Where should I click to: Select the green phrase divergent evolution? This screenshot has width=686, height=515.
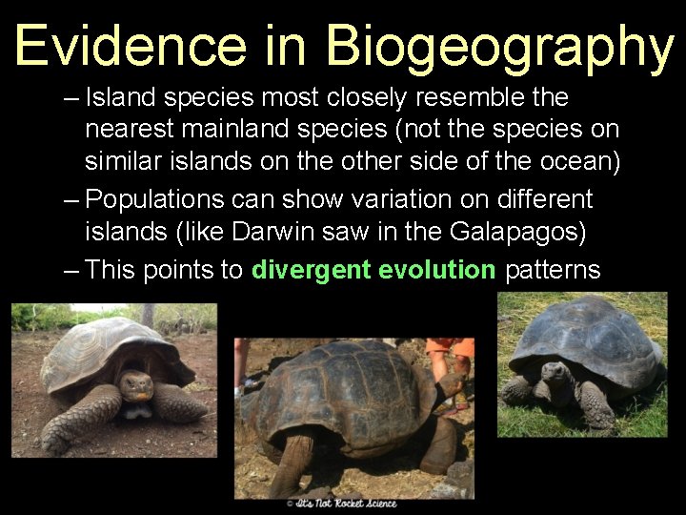coord(373,270)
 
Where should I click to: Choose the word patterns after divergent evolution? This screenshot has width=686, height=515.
coord(553,270)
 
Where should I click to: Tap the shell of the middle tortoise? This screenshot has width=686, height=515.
coord(348,381)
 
